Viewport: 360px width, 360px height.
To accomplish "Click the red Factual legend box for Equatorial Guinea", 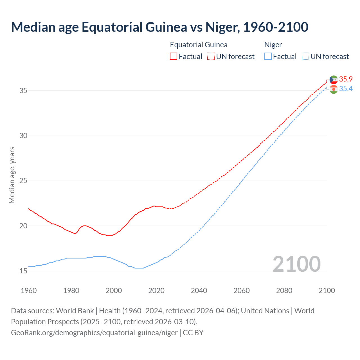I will point(174,57).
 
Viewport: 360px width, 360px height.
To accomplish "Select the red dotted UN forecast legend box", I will point(211,57).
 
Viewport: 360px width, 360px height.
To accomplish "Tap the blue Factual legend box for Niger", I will point(268,57).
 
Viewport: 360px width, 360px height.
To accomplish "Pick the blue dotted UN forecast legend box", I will point(305,57).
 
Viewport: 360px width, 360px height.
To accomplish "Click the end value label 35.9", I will point(346,79).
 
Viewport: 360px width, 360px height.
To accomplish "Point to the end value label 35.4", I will point(346,89).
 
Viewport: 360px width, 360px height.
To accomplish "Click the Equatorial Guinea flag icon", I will point(334,80).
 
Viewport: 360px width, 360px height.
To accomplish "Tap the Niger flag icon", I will point(334,89).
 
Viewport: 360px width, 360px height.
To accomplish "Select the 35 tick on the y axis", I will point(23,91).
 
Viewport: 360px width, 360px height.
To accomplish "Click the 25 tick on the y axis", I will point(23,181).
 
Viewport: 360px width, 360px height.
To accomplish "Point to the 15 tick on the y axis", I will point(23,271).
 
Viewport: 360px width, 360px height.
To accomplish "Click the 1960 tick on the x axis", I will point(29,291).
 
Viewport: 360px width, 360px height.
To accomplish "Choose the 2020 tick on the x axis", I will point(156,291).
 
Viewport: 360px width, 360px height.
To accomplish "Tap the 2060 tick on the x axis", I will point(242,291).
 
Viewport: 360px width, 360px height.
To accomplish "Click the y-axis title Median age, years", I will point(12,175).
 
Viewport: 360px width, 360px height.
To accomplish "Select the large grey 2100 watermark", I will point(296,264).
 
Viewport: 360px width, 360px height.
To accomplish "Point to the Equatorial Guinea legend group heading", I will point(199,45).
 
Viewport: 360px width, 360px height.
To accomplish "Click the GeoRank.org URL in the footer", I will point(94,333).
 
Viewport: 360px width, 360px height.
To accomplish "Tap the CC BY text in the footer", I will point(193,333).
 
